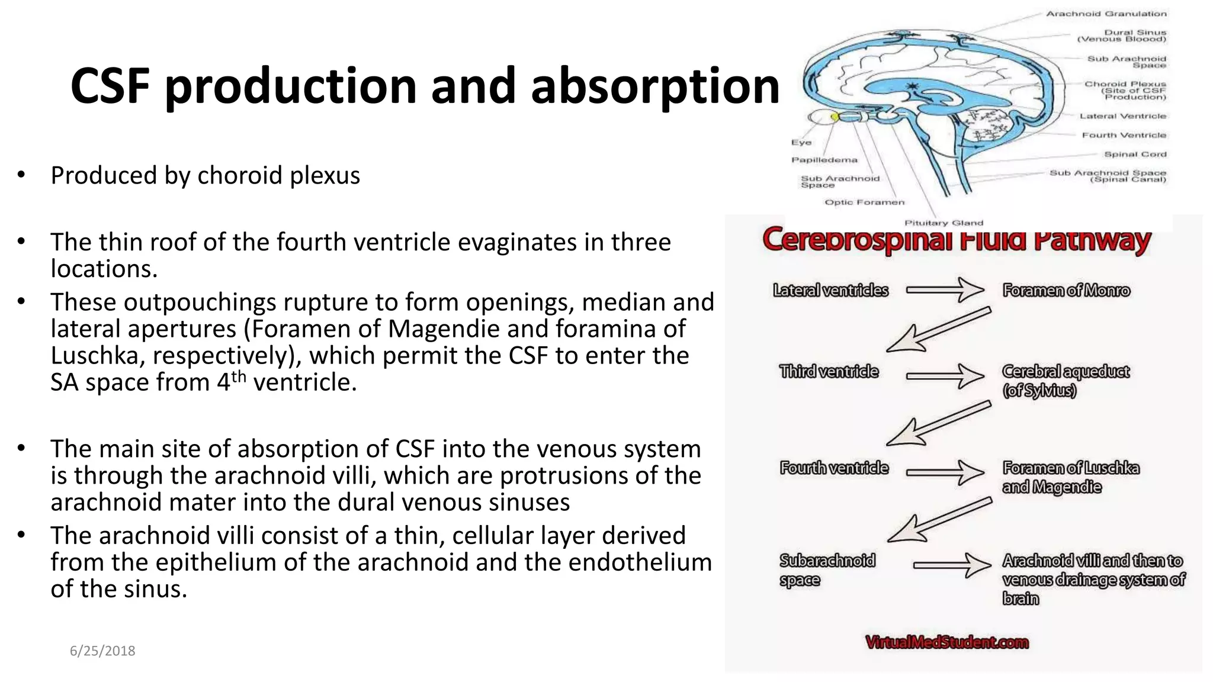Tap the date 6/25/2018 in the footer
[102, 651]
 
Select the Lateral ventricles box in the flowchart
[830, 290]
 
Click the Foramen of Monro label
[1066, 291]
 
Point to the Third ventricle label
[829, 372]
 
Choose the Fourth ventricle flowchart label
[834, 468]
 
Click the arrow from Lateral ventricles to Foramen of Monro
[945, 290]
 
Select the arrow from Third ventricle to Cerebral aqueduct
[945, 375]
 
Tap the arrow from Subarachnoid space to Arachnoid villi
[951, 565]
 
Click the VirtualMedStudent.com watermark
[946, 642]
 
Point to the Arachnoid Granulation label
[1106, 14]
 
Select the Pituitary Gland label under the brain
[944, 223]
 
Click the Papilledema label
[824, 160]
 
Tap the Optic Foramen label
[864, 202]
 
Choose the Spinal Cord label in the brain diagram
[1135, 155]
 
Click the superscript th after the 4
[239, 377]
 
